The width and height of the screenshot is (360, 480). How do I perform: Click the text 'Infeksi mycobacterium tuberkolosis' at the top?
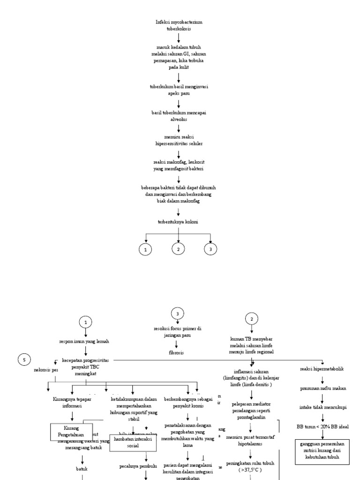179,25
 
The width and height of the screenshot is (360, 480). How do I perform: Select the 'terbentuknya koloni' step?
178,222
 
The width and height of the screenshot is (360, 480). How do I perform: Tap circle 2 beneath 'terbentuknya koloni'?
178,249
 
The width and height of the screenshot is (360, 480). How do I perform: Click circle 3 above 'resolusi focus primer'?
177,314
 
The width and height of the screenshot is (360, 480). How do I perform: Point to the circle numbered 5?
24,360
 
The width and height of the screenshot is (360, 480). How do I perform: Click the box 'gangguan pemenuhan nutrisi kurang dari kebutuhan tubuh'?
322,451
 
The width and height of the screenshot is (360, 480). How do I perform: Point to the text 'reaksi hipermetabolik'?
322,369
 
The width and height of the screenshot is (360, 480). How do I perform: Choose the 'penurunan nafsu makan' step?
322,388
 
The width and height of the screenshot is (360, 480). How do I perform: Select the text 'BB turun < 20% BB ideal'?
322,427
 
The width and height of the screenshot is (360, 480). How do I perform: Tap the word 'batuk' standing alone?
82,468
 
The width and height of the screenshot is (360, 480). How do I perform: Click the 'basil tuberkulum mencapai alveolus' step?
179,116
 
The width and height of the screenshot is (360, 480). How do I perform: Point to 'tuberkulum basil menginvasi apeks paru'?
179,90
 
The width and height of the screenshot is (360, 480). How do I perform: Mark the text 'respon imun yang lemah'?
85,341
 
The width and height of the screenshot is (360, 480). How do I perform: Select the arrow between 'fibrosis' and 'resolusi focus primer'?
177,343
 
